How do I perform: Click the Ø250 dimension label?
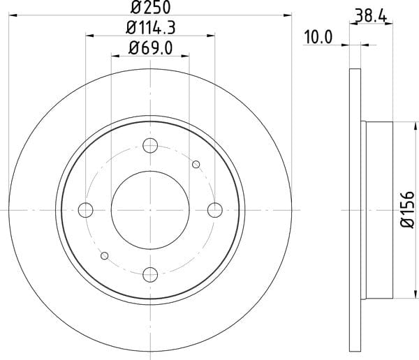tap(150, 7)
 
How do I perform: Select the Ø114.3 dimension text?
tap(150, 27)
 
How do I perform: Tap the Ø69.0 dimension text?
tap(150, 48)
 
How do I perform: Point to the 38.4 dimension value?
tap(371, 15)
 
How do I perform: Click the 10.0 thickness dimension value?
tap(318, 37)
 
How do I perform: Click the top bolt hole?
tap(150, 146)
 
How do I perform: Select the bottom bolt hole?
tap(150, 275)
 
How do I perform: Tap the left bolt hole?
tap(85, 210)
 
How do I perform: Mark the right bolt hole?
tap(215, 210)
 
